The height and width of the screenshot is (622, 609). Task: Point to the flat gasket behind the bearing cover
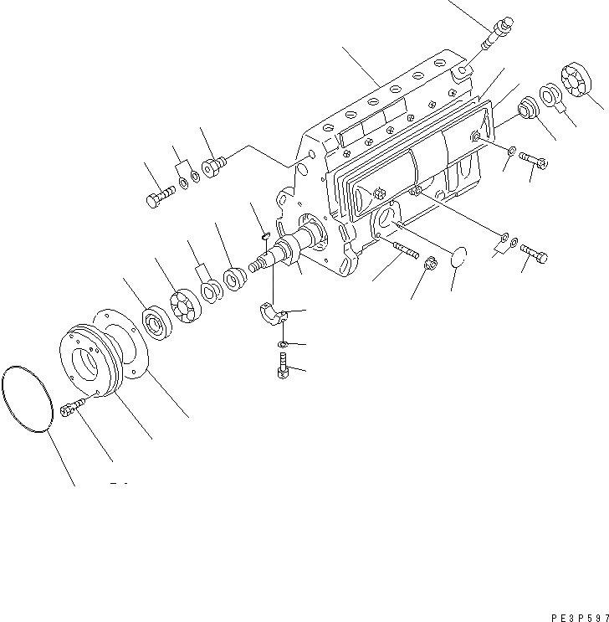point(134,344)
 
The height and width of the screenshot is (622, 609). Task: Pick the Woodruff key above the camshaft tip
point(262,235)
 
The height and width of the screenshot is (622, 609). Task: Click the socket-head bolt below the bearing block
point(281,366)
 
